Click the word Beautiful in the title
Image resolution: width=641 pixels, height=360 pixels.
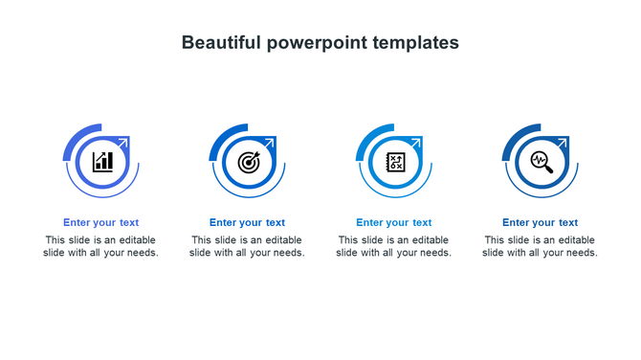tap(220, 43)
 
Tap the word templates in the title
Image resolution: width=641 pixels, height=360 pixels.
tap(417, 43)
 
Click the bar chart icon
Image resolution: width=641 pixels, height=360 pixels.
tap(102, 161)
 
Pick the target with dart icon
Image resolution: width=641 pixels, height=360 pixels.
tap(249, 161)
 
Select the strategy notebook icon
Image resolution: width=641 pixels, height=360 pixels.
tap(395, 161)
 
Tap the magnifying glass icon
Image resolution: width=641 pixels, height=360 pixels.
tap(542, 161)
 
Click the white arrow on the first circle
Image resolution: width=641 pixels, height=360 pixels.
tap(124, 144)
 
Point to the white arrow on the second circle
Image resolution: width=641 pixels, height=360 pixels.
tap(270, 144)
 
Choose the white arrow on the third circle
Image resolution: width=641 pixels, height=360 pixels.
tap(416, 144)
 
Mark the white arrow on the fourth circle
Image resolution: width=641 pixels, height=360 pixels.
tap(563, 144)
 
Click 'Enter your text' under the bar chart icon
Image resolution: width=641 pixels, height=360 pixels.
tap(101, 223)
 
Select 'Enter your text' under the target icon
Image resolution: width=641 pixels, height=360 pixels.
tap(247, 223)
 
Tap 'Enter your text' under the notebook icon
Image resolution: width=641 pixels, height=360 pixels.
tap(394, 223)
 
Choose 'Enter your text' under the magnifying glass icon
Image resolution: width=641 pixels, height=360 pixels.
tap(540, 223)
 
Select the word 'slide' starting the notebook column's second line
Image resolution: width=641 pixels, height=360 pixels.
tap(348, 254)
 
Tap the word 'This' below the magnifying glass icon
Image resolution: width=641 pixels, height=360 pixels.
tap(495, 240)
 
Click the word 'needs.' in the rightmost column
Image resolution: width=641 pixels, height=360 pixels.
tap(580, 254)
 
